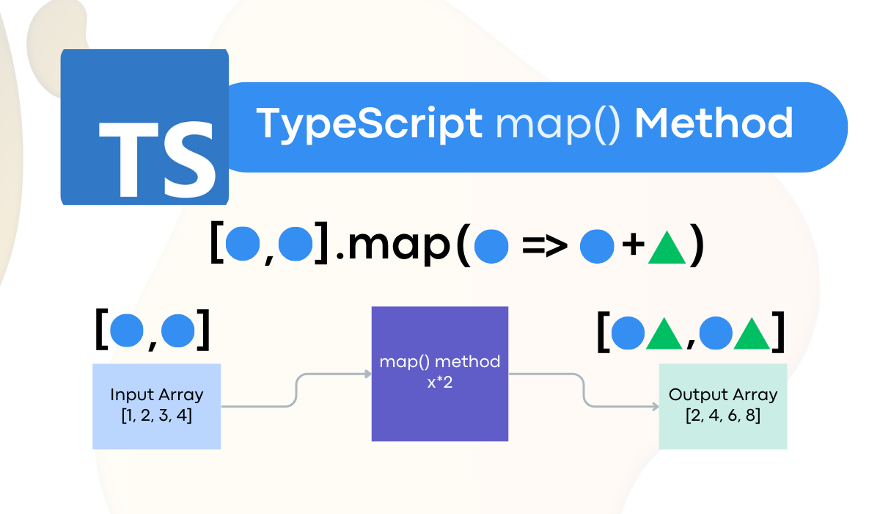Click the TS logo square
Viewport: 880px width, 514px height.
pos(144,127)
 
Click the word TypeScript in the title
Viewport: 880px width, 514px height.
pos(369,123)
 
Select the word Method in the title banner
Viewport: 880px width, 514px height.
pos(713,123)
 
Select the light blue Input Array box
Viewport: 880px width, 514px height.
pos(156,406)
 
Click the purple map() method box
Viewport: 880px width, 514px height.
pos(439,374)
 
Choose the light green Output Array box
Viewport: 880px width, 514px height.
pos(722,406)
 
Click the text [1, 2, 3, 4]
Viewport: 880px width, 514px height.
pos(156,416)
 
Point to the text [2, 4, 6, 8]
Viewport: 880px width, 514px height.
pos(722,416)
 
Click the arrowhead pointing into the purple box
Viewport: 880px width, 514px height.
pos(367,374)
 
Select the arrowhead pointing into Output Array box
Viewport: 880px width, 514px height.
pos(654,405)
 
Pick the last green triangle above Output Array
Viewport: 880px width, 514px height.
pos(752,333)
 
